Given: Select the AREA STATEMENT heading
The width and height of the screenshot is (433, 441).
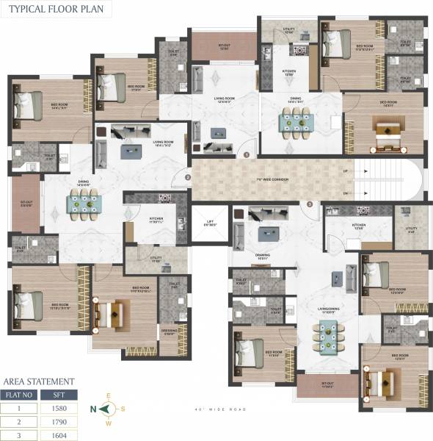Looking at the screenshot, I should point(39,381).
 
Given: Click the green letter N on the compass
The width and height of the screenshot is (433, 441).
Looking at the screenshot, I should point(94,409).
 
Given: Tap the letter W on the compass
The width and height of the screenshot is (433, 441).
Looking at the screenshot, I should point(109,423).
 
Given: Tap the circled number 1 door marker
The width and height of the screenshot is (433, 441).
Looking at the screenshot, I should point(247,155).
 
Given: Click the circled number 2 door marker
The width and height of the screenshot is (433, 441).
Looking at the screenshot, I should point(188,177).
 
